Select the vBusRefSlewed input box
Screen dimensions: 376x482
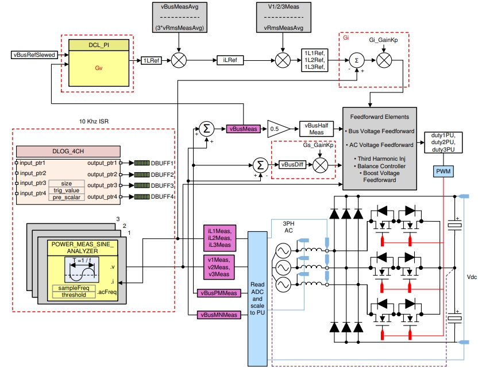pyautogui.click(x=32, y=55)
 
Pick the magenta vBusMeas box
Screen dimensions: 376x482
pyautogui.click(x=243, y=129)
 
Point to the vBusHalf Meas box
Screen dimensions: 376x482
pyautogui.click(x=317, y=129)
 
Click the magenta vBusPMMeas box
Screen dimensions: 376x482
pyautogui.click(x=219, y=293)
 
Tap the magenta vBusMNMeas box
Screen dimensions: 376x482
pyautogui.click(x=219, y=315)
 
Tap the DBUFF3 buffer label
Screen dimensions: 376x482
pyautogui.click(x=162, y=185)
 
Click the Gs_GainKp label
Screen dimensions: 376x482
pyautogui.click(x=319, y=146)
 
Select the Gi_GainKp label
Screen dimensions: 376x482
pyautogui.click(x=383, y=42)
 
